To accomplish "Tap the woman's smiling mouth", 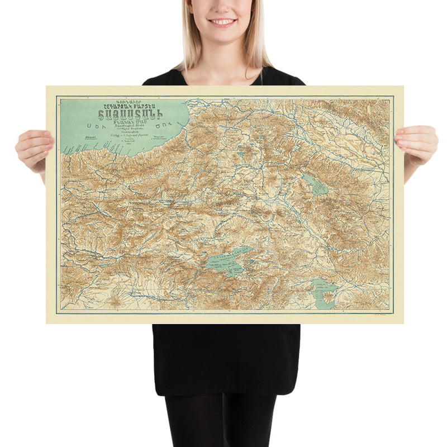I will (x=222, y=22).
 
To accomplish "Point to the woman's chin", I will (x=222, y=35).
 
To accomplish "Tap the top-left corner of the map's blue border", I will (x=56, y=96).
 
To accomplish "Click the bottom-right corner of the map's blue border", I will (x=393, y=313).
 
